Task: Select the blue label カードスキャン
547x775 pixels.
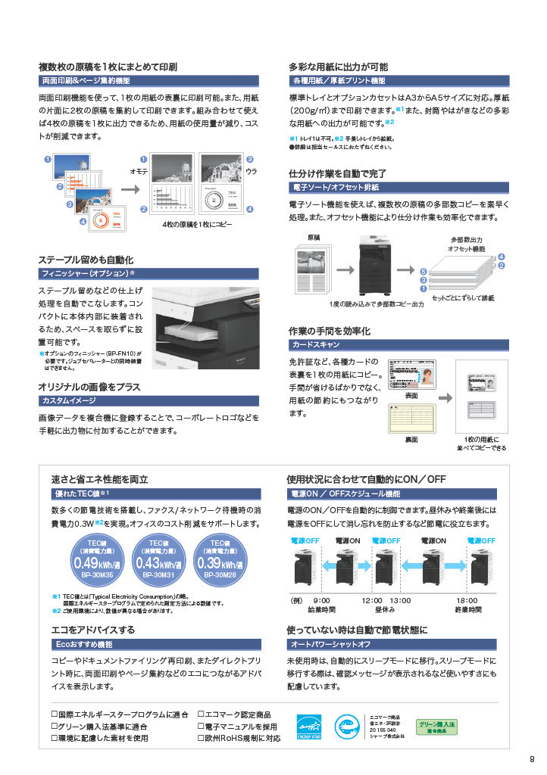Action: click(315, 344)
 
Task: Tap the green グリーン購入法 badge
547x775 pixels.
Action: click(436, 727)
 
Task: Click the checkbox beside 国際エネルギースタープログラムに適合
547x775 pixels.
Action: click(54, 713)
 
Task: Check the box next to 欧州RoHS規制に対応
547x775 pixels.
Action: click(202, 738)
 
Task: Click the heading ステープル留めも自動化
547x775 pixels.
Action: click(86, 259)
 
